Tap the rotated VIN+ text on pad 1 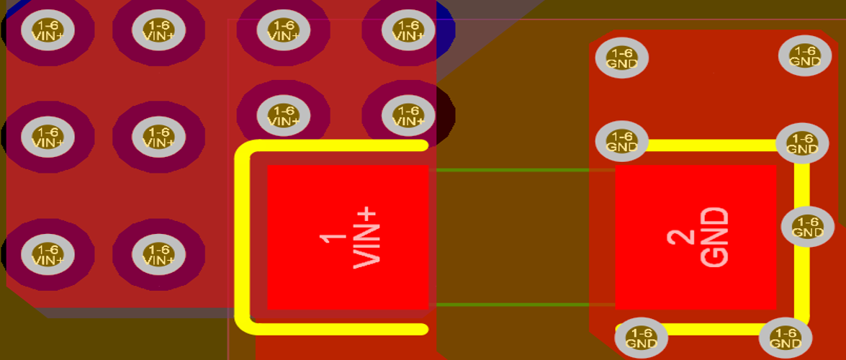pos(366,238)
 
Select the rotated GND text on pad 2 pos(714,238)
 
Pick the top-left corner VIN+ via pos(48,30)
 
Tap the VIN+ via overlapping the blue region pos(408,30)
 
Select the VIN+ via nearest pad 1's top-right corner pos(408,115)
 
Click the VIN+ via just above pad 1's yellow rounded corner pos(284,115)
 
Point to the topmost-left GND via pos(621,58)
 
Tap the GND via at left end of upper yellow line pos(621,140)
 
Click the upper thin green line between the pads pos(521,171)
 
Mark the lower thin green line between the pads pos(521,304)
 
